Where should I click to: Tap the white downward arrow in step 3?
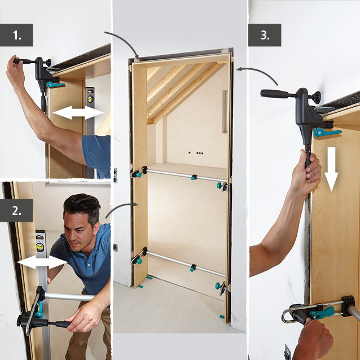pos(331,169)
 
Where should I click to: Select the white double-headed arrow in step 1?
pos(78,113)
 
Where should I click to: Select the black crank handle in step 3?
pos(276,94)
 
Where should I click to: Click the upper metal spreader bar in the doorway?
pos(181,175)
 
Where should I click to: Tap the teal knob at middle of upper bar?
pos(194,178)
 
